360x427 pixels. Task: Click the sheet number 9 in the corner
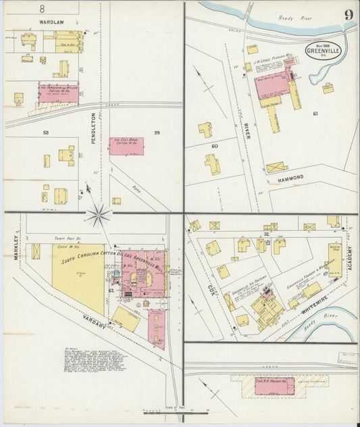coord(346,15)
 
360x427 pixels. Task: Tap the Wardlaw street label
coord(51,22)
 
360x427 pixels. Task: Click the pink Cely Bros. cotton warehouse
coord(126,146)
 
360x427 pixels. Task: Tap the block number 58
coord(46,133)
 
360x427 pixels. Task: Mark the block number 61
coord(315,114)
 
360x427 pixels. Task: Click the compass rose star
coord(99,216)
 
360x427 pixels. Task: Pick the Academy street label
coord(351,258)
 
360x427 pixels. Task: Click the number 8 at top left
coord(41,9)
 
